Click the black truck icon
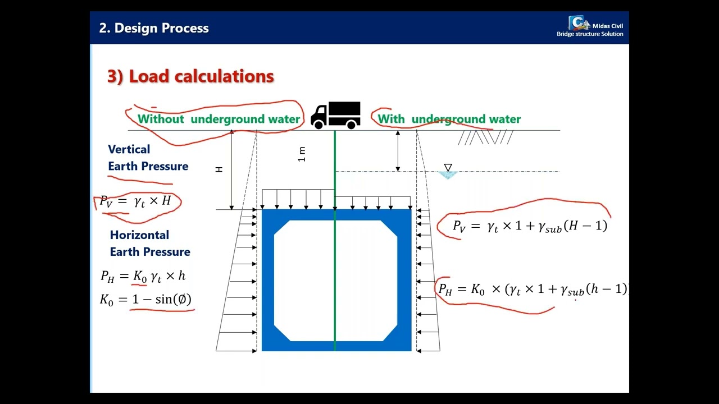[336, 115]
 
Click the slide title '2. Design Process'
[154, 28]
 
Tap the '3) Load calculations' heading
[190, 76]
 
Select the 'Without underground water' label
[219, 119]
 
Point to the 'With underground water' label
[449, 119]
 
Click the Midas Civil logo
[579, 23]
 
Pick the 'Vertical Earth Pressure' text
[148, 158]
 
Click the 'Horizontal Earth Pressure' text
[149, 243]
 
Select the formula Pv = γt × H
[135, 201]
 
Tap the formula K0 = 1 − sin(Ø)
[146, 299]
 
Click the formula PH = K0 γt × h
[143, 276]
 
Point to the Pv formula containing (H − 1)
[530, 226]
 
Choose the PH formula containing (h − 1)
[532, 289]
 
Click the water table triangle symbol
[448, 168]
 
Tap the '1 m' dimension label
[302, 154]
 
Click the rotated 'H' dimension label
[219, 169]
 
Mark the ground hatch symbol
[485, 137]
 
